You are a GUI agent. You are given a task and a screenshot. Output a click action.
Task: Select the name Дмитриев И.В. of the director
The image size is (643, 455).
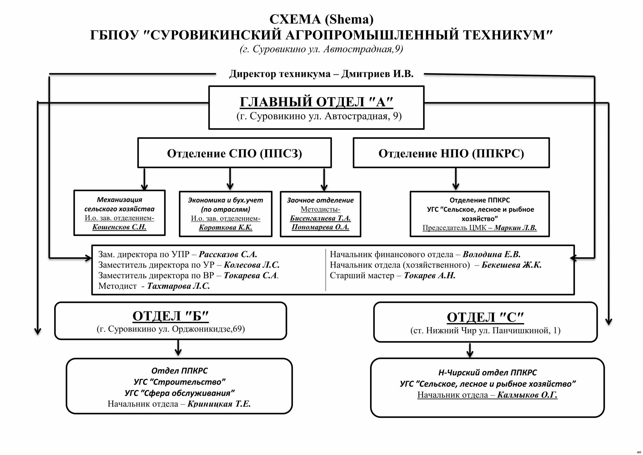pyautogui.click(x=377, y=74)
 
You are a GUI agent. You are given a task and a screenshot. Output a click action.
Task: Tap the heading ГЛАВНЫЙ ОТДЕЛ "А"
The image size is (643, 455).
pyautogui.click(x=316, y=102)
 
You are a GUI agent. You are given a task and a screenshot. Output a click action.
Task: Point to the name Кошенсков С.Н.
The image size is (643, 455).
pyautogui.click(x=119, y=227)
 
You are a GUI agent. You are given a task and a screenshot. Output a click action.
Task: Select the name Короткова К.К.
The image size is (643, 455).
pyautogui.click(x=225, y=227)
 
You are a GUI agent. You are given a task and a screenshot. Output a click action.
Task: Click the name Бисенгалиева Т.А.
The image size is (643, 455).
pyautogui.click(x=320, y=218)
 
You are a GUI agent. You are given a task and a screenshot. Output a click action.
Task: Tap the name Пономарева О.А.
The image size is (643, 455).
pyautogui.click(x=320, y=227)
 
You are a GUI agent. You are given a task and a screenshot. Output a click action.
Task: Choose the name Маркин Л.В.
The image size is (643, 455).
pyautogui.click(x=515, y=228)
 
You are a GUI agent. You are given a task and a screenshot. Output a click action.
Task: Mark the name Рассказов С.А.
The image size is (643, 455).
pyautogui.click(x=228, y=254)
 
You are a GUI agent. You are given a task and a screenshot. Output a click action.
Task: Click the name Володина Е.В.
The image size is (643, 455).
pyautogui.click(x=491, y=254)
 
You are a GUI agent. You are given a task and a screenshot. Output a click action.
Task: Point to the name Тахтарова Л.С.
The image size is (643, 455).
pyautogui.click(x=178, y=286)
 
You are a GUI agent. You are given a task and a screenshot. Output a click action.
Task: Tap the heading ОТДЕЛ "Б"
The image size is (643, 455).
pyautogui.click(x=171, y=316)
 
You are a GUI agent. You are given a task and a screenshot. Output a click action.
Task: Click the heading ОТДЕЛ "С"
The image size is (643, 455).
pyautogui.click(x=485, y=317)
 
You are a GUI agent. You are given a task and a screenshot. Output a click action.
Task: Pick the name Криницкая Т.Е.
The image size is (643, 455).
pyautogui.click(x=219, y=404)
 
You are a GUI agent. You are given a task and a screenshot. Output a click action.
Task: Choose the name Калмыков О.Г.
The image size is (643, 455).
pyautogui.click(x=527, y=395)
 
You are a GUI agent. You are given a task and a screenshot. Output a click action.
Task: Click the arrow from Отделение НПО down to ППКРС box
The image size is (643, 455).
pyautogui.click(x=456, y=179)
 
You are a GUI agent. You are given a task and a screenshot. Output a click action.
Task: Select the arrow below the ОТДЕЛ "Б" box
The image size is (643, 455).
pyautogui.click(x=178, y=348)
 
